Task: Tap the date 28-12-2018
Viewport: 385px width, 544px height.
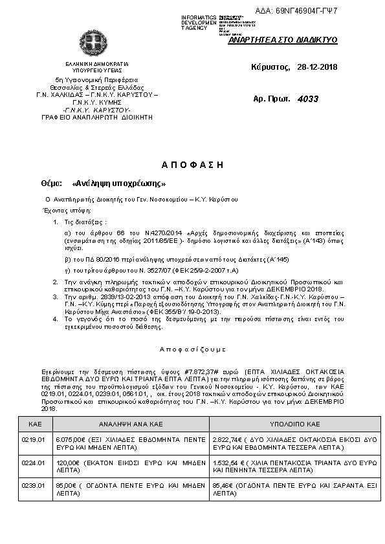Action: [x=317, y=67]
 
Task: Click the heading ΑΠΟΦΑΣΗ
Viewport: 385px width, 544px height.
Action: [x=192, y=165]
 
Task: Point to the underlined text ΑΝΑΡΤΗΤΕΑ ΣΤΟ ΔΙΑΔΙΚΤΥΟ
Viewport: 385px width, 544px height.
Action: [x=283, y=40]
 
